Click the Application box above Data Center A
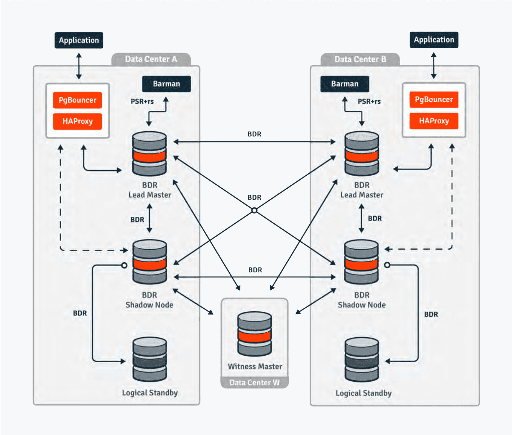[x=79, y=40]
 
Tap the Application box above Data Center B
[x=434, y=40]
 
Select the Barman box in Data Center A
[x=166, y=84]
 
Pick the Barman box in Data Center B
[x=345, y=84]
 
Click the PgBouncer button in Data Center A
[x=78, y=100]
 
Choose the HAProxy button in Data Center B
[x=434, y=121]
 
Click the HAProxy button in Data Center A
[x=78, y=121]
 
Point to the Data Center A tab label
[x=151, y=59]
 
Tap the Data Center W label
[x=254, y=382]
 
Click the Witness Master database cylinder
[x=255, y=334]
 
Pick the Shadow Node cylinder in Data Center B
[x=361, y=262]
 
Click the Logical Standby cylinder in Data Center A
[x=149, y=359]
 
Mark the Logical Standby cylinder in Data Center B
[x=361, y=359]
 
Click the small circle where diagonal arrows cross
[x=254, y=210]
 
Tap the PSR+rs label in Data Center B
[x=369, y=101]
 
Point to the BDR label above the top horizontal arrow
[x=254, y=134]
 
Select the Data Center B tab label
[x=360, y=59]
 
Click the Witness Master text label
[x=255, y=366]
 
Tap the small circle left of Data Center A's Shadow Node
[x=124, y=265]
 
